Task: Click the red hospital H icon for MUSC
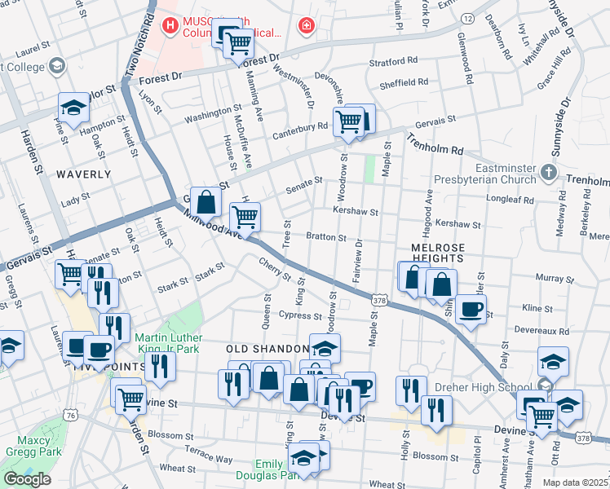coord(170,26)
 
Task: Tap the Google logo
coord(27,479)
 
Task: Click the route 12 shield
coord(467,16)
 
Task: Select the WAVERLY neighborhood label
coord(83,174)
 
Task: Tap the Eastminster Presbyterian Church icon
coord(549,173)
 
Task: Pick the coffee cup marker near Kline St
coord(471,309)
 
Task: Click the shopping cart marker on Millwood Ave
coord(245,216)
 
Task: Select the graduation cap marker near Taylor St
coord(73,108)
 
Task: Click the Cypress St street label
coord(300,315)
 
